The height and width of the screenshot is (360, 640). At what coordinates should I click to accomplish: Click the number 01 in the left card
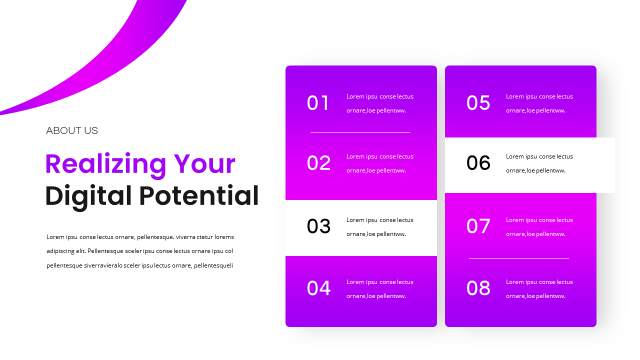pos(318,103)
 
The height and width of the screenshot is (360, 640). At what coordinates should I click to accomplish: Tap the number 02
pos(318,163)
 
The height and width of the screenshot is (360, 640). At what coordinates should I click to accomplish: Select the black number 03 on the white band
pos(318,226)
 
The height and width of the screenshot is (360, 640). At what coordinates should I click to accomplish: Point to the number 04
pos(318,288)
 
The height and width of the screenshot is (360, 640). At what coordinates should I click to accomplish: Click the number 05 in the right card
pos(478,103)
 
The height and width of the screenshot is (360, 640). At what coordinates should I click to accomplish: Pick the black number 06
pos(478,163)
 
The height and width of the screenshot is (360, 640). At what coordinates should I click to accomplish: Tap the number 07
pos(478,226)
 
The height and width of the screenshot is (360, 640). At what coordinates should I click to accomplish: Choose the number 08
pos(478,288)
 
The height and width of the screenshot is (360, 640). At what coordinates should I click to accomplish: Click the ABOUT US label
pos(72,131)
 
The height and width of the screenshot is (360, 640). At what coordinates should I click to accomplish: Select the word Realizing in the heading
pos(105,164)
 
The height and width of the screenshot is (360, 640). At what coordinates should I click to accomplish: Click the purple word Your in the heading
pos(204,164)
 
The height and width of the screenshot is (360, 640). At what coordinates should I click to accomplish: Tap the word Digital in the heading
pos(88,195)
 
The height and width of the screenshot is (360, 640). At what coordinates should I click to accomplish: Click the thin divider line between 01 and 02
pos(360,132)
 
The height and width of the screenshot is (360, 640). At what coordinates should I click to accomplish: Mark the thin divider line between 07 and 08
pos(519,258)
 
